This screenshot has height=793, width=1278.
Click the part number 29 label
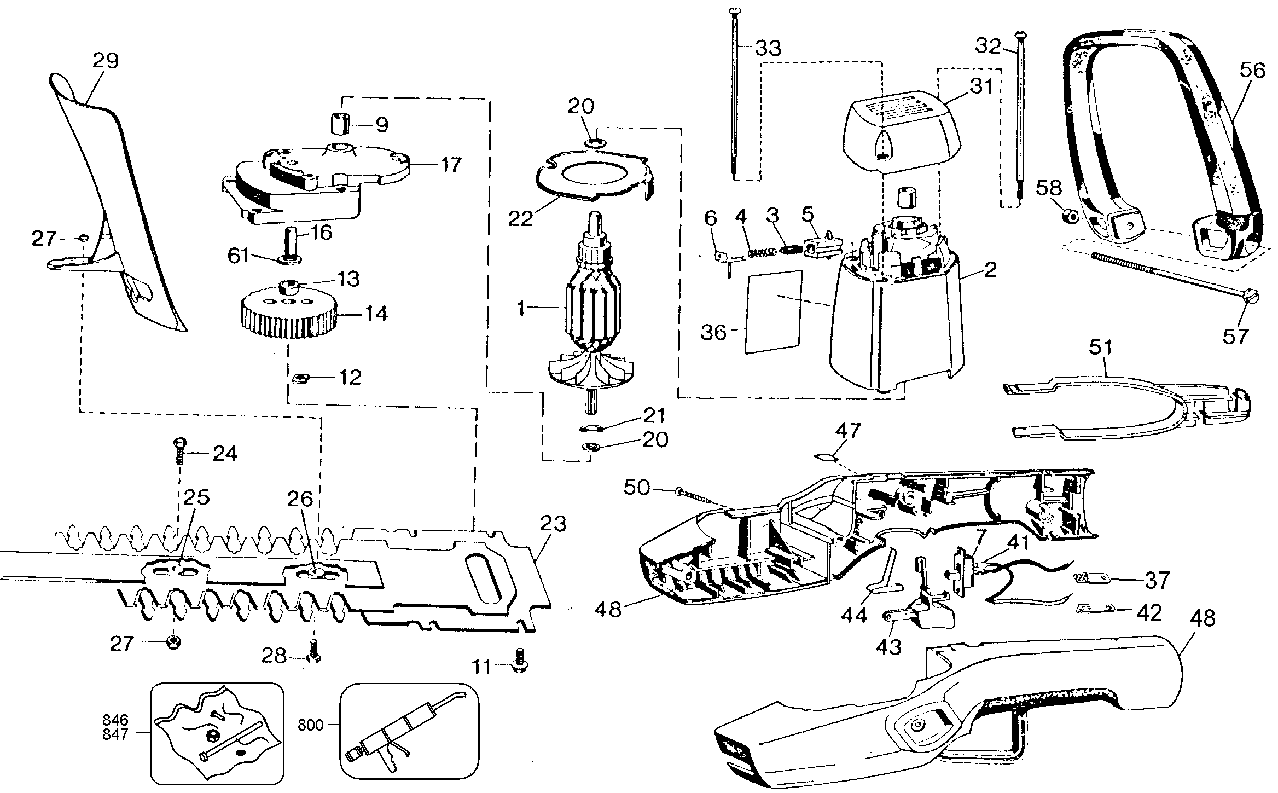(x=106, y=60)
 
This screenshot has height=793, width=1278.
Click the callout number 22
(x=520, y=218)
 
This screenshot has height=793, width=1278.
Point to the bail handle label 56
(x=1252, y=71)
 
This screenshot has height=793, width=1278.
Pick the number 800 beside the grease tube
(x=310, y=725)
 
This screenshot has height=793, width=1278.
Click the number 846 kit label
(x=115, y=719)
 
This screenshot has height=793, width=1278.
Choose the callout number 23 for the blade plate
(x=553, y=524)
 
